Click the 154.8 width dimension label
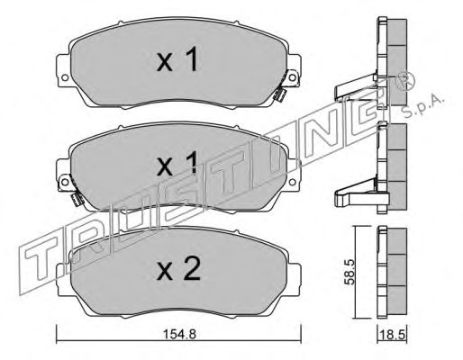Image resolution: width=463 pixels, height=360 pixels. (x=179, y=334)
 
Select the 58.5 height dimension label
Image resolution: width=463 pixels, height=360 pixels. (x=350, y=272)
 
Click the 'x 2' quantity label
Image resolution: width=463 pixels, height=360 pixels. (x=178, y=269)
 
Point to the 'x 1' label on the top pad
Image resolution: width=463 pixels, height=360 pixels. (x=177, y=59)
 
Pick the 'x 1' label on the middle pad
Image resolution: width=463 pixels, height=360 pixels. (x=177, y=163)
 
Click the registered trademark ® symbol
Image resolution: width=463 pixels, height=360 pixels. (x=406, y=81)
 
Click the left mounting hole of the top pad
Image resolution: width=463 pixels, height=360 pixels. (x=64, y=77)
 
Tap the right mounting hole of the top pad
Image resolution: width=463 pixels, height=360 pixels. (x=292, y=77)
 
